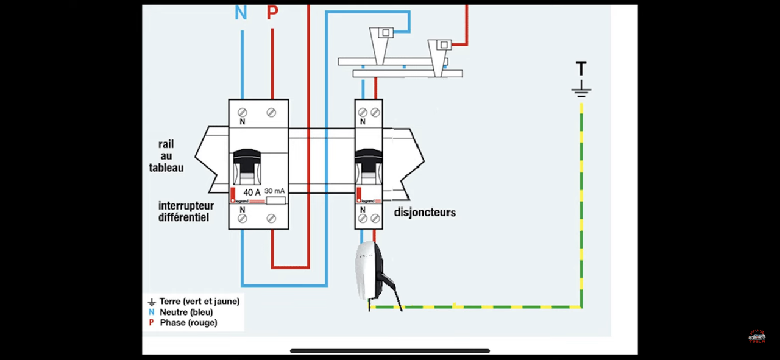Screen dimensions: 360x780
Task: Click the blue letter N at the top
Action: tap(241, 13)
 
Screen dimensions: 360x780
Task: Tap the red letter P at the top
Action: tap(272, 13)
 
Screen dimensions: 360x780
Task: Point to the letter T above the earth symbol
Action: tap(581, 68)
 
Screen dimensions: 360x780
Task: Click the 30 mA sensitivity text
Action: tap(275, 191)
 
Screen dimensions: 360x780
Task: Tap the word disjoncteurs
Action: tap(425, 213)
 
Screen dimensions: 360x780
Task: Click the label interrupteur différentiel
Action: tap(186, 211)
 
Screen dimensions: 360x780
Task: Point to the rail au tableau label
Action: tap(166, 156)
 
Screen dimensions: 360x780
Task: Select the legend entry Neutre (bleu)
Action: tap(186, 312)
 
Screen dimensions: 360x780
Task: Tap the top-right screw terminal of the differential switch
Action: tap(271, 113)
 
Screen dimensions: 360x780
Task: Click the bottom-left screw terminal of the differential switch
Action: tap(243, 218)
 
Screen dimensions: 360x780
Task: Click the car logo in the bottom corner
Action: tap(757, 336)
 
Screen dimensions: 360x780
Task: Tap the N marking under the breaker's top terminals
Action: tap(363, 121)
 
